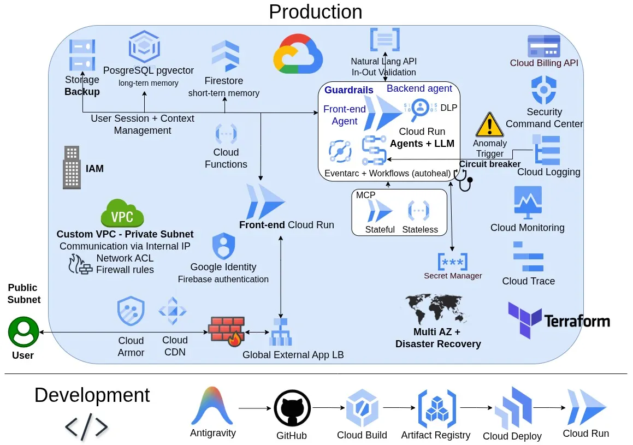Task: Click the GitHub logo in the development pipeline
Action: [292, 408]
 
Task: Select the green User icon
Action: [23, 332]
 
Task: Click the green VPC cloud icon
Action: [122, 213]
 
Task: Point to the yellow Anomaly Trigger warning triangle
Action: [489, 124]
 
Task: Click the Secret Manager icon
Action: [453, 262]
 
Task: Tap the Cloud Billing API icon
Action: [543, 46]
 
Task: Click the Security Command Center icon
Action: [543, 91]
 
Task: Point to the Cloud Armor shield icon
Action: [131, 312]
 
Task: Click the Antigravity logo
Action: [212, 406]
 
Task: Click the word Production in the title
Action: [315, 11]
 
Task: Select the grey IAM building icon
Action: [72, 168]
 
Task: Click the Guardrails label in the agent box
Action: [349, 90]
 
